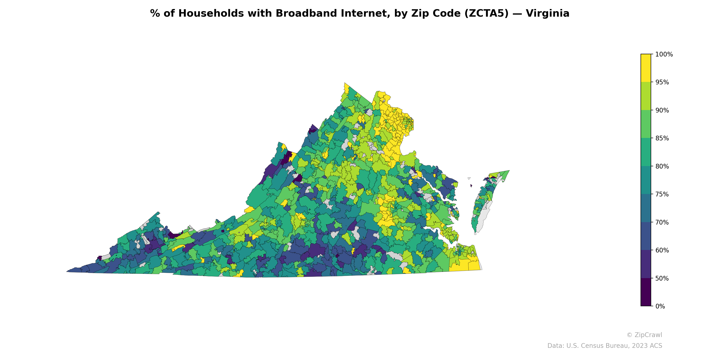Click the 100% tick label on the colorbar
664,54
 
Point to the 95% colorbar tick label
662,82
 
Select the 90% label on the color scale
662,110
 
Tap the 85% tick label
662,138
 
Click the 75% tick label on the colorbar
662,194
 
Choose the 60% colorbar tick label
662,250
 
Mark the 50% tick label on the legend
662,278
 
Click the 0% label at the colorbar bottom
660,306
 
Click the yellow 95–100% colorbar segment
646,68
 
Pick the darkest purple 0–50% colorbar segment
646,292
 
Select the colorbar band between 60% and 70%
646,236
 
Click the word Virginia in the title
547,13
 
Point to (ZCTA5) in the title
486,13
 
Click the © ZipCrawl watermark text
644,335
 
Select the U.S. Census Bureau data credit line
604,346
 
